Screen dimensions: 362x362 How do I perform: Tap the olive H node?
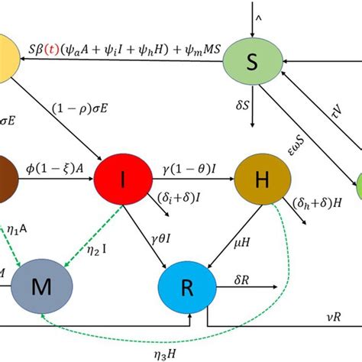point(261,182)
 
